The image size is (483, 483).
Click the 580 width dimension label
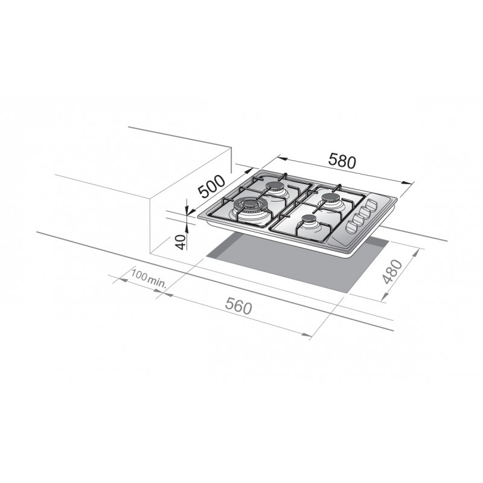pyautogui.click(x=342, y=161)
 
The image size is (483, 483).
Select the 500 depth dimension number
pyautogui.click(x=213, y=187)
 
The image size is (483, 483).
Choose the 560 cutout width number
pyautogui.click(x=238, y=307)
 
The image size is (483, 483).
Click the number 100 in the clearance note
pyautogui.click(x=139, y=275)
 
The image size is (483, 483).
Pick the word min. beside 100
pyautogui.click(x=157, y=281)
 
